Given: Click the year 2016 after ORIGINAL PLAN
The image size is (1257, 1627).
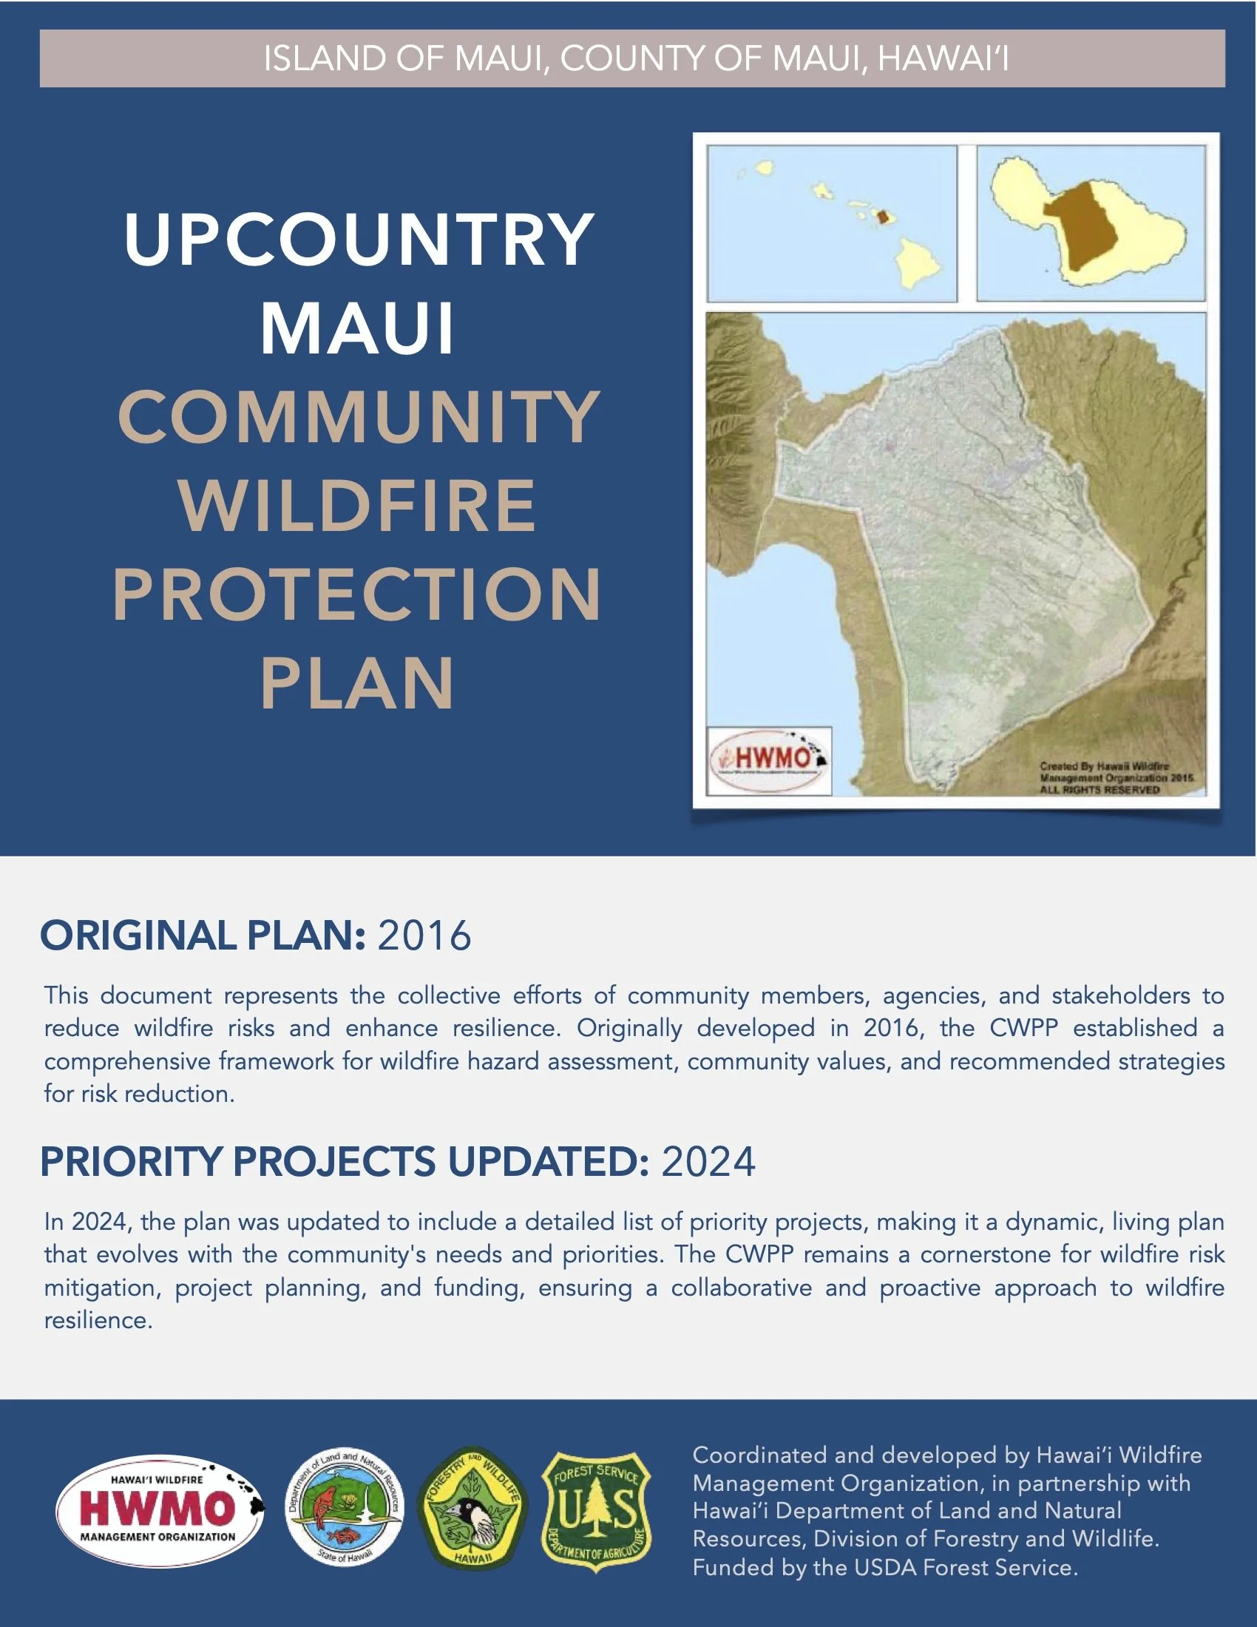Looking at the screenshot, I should (424, 936).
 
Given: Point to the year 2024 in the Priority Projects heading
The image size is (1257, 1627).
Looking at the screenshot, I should (708, 1161).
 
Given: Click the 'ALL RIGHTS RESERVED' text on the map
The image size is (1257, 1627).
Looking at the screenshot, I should (1099, 790).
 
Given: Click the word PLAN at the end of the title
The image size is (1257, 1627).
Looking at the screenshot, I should (357, 683).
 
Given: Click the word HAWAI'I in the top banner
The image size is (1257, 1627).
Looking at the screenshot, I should (943, 59).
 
